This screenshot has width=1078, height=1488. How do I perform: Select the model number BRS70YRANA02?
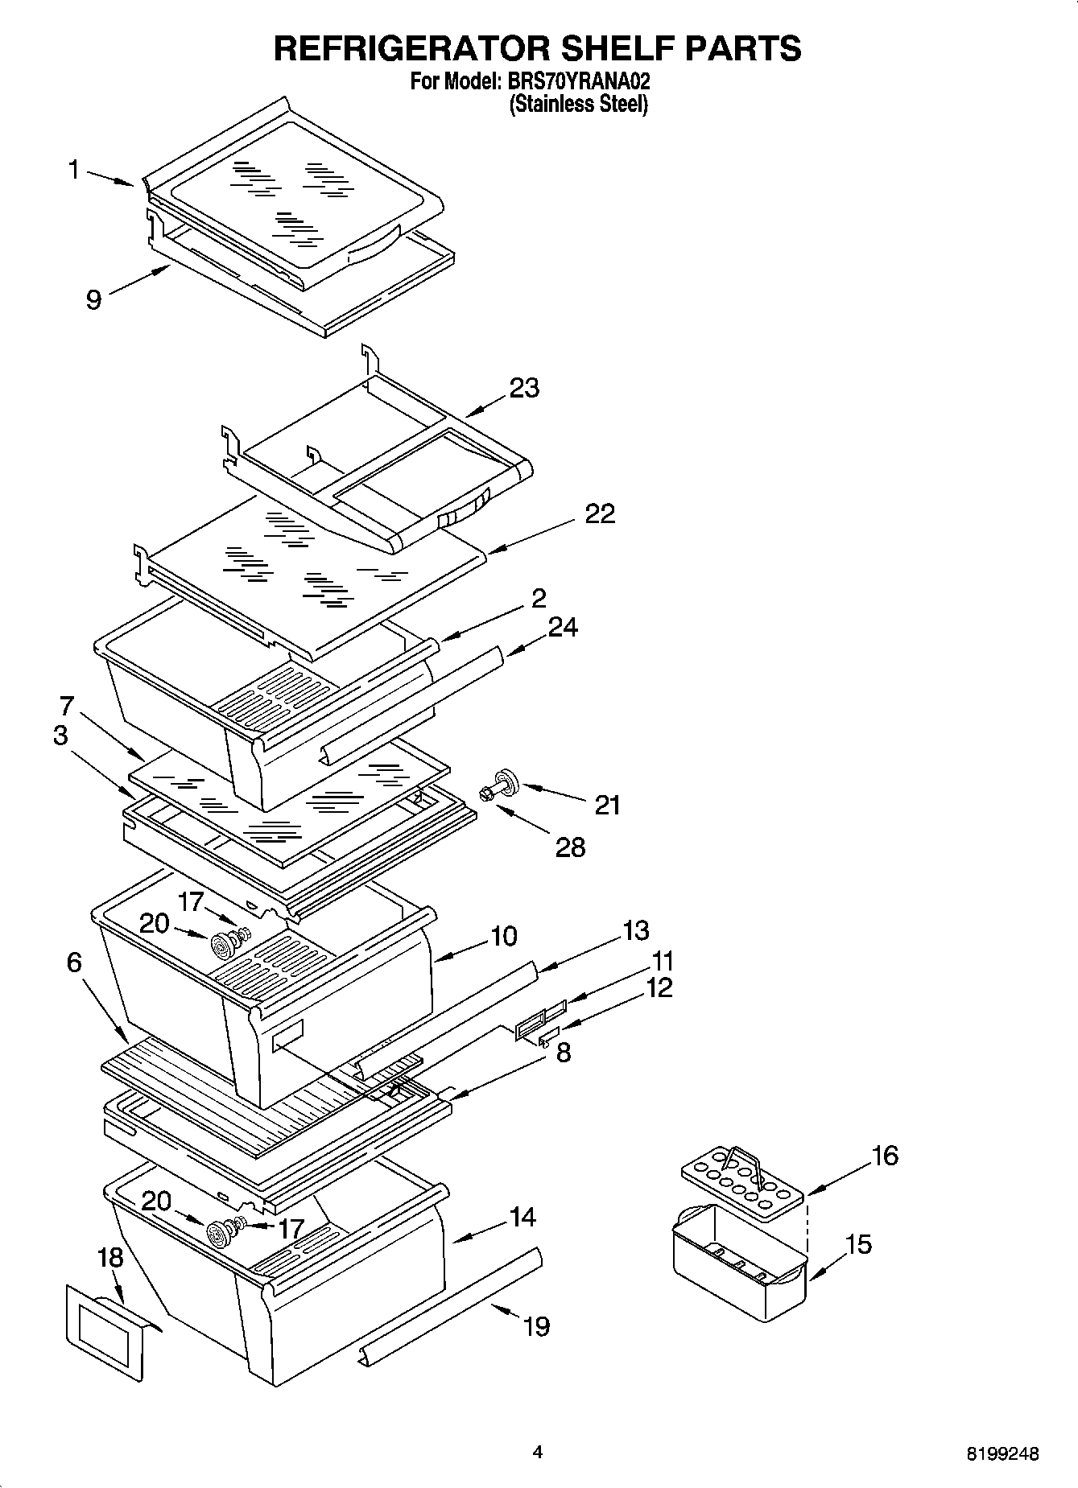tap(576, 82)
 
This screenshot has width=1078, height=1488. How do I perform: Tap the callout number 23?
tap(524, 388)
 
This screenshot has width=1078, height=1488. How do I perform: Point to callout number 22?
tap(600, 513)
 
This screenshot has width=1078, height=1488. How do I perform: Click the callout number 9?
tap(93, 300)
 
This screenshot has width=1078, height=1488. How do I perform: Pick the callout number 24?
tap(563, 627)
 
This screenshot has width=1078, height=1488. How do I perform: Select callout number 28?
tap(570, 847)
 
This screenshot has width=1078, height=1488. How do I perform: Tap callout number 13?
tap(635, 930)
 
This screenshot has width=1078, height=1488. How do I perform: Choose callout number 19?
tap(537, 1325)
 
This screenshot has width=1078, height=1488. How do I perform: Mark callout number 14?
tap(522, 1217)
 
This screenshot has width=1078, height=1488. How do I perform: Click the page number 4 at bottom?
tap(538, 1452)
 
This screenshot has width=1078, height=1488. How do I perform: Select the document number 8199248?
tap(1002, 1453)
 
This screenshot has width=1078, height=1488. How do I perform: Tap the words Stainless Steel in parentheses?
tap(578, 104)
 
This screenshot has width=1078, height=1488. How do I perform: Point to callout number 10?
tap(504, 936)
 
